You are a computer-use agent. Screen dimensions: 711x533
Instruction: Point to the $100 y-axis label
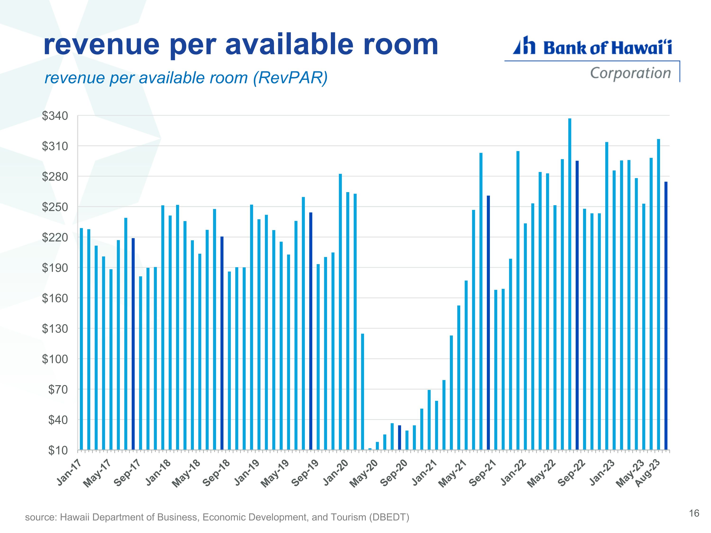pyautogui.click(x=55, y=359)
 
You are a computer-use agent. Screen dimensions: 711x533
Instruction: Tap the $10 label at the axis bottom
pyautogui.click(x=58, y=450)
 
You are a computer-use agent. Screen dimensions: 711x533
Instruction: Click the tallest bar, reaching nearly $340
pyautogui.click(x=570, y=284)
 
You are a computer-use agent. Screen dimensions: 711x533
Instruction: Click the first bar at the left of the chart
pyautogui.click(x=81, y=339)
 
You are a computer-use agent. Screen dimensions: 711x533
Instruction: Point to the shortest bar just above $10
pyautogui.click(x=370, y=449)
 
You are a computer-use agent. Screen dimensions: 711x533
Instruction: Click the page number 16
pyautogui.click(x=694, y=513)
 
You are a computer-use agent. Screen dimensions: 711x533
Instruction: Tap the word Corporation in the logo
pyautogui.click(x=631, y=73)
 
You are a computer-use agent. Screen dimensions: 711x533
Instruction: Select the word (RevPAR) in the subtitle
pyautogui.click(x=290, y=78)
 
